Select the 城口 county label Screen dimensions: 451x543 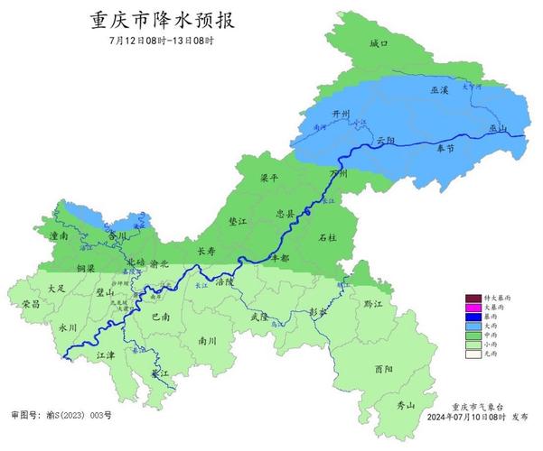click(x=379, y=44)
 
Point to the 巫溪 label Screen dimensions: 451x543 click(x=439, y=92)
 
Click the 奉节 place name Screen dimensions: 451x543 click(x=446, y=147)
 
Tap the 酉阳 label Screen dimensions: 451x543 click(x=383, y=369)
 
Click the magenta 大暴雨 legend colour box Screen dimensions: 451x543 click(x=474, y=308)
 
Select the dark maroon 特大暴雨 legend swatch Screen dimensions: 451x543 click(x=474, y=298)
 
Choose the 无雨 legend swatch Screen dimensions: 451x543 click(x=474, y=354)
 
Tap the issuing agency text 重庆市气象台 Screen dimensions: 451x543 click(x=473, y=407)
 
